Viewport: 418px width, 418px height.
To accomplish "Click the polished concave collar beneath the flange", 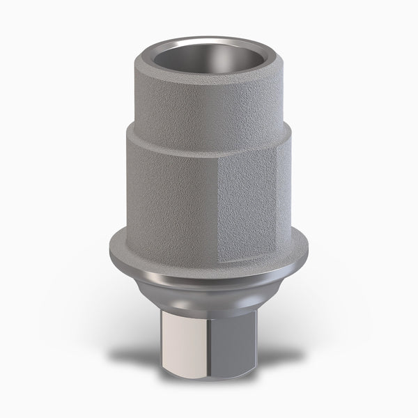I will pos(208,282).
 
